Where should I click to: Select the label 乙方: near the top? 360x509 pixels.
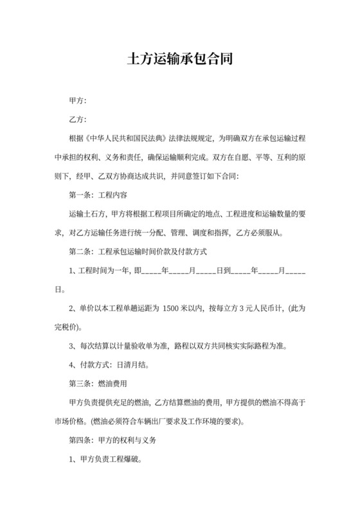[x=77, y=120]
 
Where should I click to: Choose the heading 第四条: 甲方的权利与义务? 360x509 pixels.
[x=108, y=441]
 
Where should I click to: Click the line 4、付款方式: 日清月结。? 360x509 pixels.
[x=108, y=366]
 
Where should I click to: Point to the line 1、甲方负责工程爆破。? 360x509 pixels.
[x=105, y=460]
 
